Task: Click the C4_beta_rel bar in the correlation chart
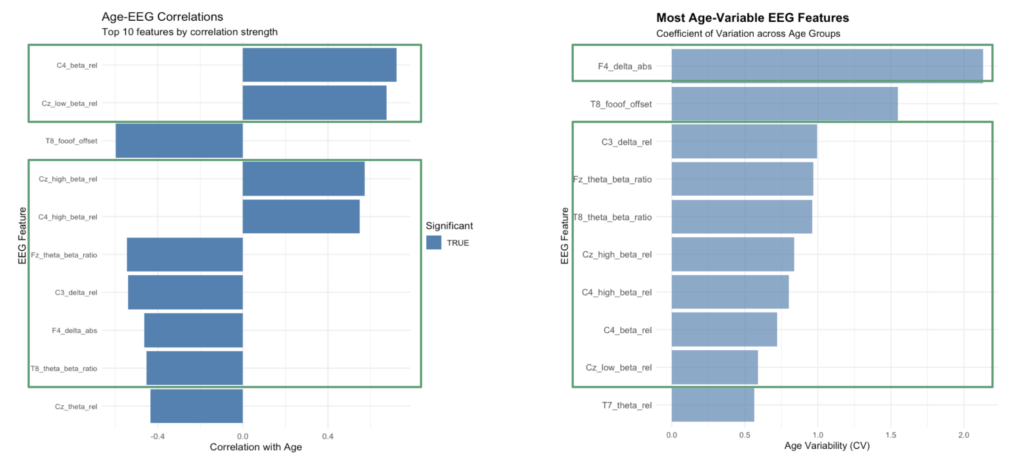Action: pyautogui.click(x=319, y=65)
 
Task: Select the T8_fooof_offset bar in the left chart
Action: pyautogui.click(x=179, y=140)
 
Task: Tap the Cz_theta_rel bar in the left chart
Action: pyautogui.click(x=196, y=406)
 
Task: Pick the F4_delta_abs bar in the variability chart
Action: pyautogui.click(x=827, y=66)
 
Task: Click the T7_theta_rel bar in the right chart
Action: pyautogui.click(x=712, y=405)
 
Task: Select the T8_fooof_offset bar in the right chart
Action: pyautogui.click(x=784, y=104)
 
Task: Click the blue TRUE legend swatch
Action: pyautogui.click(x=433, y=243)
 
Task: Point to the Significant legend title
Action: pyautogui.click(x=449, y=226)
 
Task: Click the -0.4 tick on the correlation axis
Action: pyautogui.click(x=157, y=436)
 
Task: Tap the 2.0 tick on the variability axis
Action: pyautogui.click(x=963, y=435)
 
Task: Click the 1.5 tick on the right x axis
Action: pyautogui.click(x=890, y=435)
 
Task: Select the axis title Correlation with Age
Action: pyautogui.click(x=256, y=447)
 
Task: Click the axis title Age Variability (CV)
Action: pyautogui.click(x=827, y=446)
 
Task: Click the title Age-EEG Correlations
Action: pyautogui.click(x=162, y=17)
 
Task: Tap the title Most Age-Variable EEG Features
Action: pyautogui.click(x=752, y=18)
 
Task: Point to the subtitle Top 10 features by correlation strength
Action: pyautogui.click(x=189, y=32)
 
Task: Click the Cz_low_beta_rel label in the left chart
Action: pyautogui.click(x=69, y=103)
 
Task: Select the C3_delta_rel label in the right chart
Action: pyautogui.click(x=626, y=142)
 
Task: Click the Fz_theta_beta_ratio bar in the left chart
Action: pyautogui.click(x=185, y=255)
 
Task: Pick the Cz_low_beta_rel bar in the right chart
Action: pyautogui.click(x=714, y=367)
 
